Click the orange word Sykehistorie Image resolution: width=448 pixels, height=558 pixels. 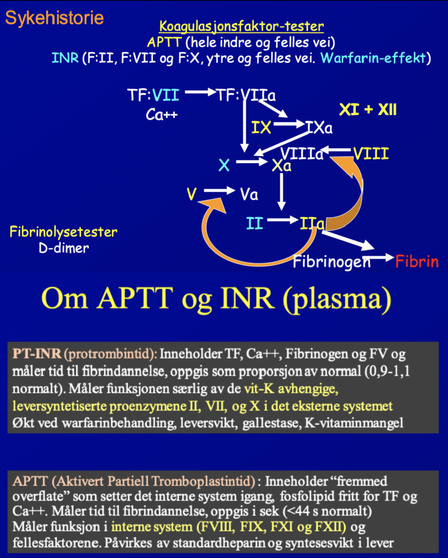point(54,18)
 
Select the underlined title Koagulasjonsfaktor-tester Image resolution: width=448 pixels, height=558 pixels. point(241,26)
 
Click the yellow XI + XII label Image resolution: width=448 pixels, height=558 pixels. point(367,110)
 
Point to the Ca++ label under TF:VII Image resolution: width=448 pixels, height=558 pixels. point(161,115)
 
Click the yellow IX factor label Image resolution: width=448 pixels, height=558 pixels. point(261,128)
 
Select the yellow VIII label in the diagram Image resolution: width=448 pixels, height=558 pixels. point(371,154)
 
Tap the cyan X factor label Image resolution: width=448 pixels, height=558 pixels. point(224,165)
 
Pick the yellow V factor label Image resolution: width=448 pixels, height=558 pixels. point(192,194)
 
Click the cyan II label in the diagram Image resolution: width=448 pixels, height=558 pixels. point(254,224)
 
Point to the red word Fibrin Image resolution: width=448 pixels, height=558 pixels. point(417,262)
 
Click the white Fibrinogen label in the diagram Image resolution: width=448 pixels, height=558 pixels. point(331,262)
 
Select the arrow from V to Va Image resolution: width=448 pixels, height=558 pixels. point(219,191)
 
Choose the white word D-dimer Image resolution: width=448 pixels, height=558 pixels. point(64,248)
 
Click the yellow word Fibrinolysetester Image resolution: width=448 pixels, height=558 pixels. point(63,232)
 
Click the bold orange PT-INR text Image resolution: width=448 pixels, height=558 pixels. point(37,354)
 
